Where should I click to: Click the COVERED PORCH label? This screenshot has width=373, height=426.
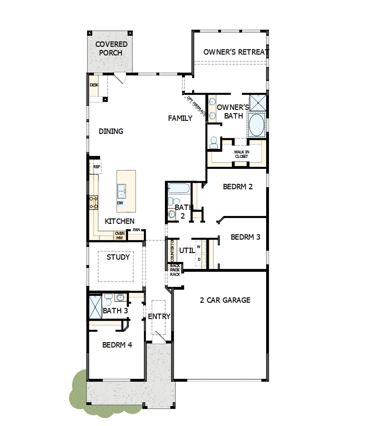coord(111,48)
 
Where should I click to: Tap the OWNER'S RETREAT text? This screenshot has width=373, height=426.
coord(236,52)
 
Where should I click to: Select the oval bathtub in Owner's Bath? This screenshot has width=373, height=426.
coord(257,125)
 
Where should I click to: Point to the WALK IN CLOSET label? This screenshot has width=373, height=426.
coord(241,154)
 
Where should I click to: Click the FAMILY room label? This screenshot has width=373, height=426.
coord(180,118)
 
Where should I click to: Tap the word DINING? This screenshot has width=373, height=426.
coord(111,131)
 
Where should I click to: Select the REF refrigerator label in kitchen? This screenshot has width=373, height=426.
coord(97,167)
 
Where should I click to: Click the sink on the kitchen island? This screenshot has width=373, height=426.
coord(121,190)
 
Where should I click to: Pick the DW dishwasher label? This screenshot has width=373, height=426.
coord(120,203)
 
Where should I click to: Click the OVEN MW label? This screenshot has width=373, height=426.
coord(119,236)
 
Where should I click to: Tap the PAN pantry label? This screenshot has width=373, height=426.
coord(136,230)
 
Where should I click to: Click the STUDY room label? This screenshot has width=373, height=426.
coord(118,257)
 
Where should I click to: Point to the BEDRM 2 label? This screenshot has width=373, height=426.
coord(238,187)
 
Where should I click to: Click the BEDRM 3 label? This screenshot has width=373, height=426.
coord(245,237)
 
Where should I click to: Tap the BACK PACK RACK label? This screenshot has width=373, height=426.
coord(175,270)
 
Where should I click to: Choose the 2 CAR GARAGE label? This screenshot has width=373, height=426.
coord(225,300)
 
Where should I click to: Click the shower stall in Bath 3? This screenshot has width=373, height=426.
coord(95,307)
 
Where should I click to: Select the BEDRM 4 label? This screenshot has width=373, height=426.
coord(117,345)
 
